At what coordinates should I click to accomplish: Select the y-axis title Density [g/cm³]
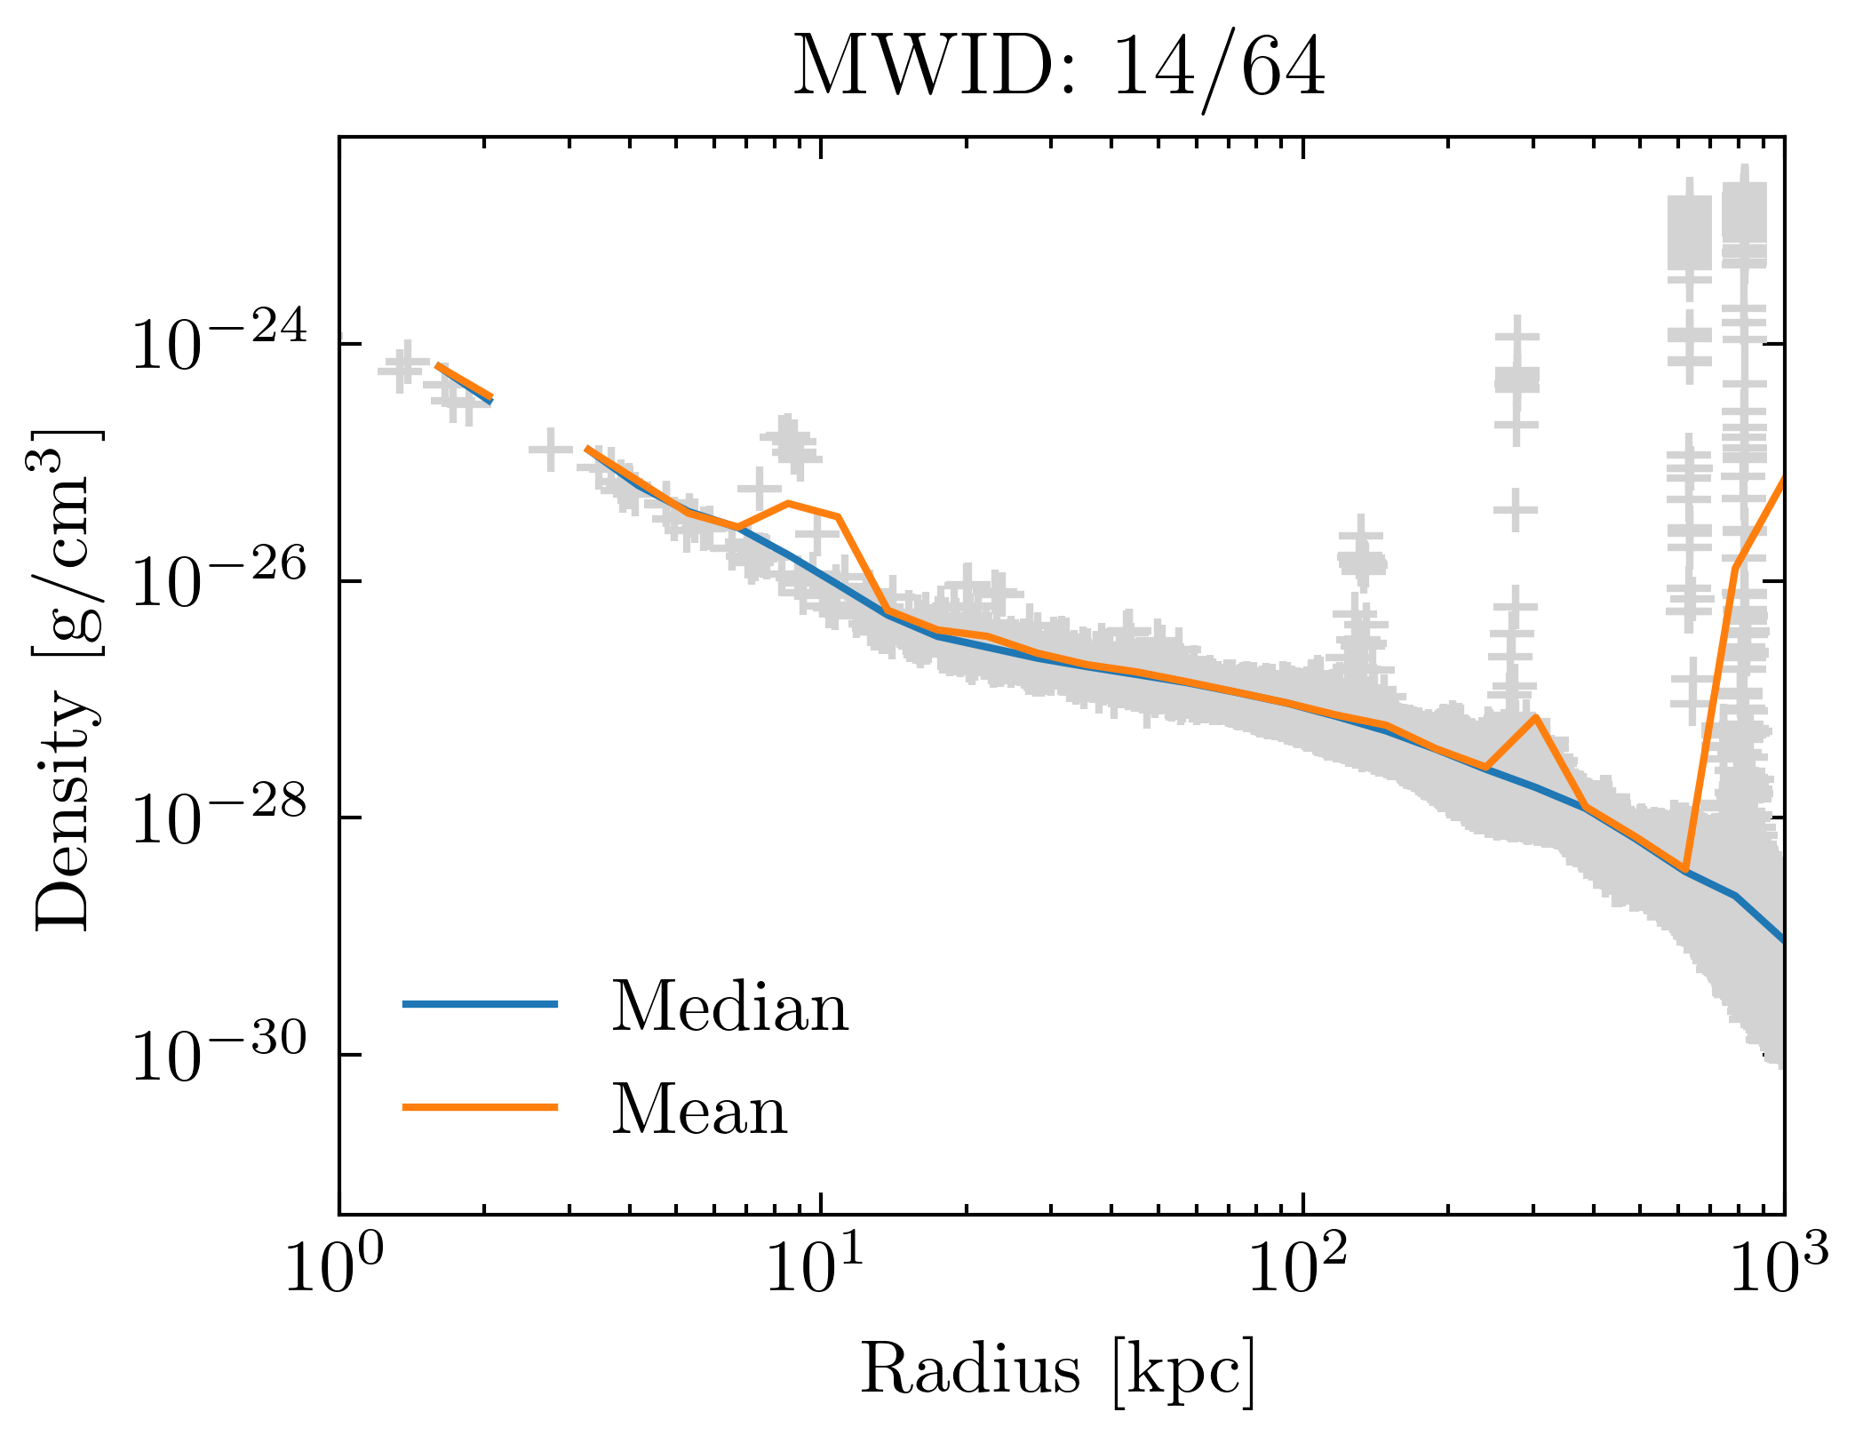click(x=68, y=680)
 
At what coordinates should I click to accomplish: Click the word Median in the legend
click(x=729, y=1009)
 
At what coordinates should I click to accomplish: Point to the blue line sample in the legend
click(x=480, y=1005)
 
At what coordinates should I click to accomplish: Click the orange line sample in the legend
click(x=480, y=1107)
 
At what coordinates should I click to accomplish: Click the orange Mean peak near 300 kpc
click(x=1534, y=717)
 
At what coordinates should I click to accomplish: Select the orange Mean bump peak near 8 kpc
click(x=788, y=504)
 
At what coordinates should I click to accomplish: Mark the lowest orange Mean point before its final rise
click(x=1684, y=870)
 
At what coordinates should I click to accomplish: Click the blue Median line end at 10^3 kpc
click(x=1781, y=938)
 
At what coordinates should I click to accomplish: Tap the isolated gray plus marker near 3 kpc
click(x=550, y=450)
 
